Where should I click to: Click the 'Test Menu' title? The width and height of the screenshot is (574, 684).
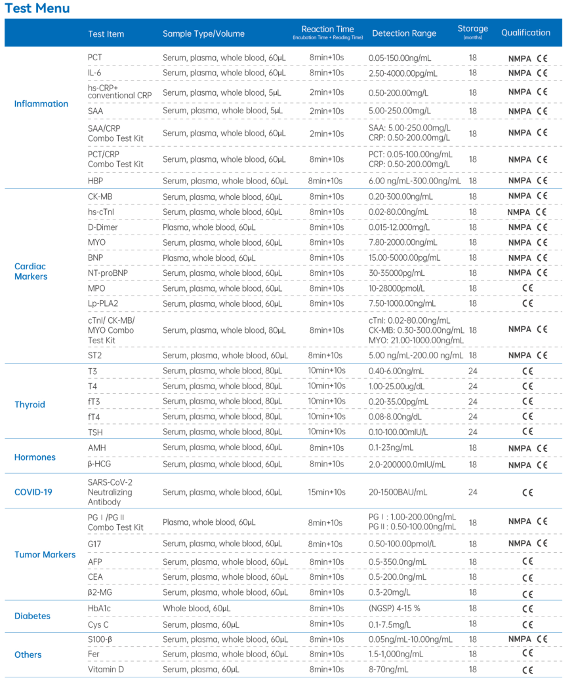(37, 9)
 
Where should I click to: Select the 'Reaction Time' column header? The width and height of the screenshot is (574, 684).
(327, 29)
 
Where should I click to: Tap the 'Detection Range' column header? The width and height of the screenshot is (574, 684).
(403, 33)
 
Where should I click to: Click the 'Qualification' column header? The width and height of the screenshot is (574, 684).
(525, 33)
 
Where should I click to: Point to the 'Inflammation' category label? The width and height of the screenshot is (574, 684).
(41, 104)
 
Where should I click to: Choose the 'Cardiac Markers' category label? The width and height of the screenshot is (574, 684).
(31, 271)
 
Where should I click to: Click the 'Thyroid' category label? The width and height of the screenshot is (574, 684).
(30, 404)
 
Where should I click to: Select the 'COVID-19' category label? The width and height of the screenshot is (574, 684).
(33, 492)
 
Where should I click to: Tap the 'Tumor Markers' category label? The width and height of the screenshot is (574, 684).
(45, 555)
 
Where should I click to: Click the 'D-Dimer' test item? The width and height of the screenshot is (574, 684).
(102, 227)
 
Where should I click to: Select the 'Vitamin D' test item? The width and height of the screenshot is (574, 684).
(105, 670)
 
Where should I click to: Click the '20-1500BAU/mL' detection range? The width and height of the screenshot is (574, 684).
(398, 492)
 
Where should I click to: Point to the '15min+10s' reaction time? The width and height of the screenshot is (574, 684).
(327, 492)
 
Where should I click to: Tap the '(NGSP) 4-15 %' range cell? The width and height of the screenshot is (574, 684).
(394, 609)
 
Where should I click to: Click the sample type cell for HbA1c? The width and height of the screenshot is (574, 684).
(196, 609)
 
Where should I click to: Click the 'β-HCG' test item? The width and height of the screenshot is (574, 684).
(100, 464)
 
